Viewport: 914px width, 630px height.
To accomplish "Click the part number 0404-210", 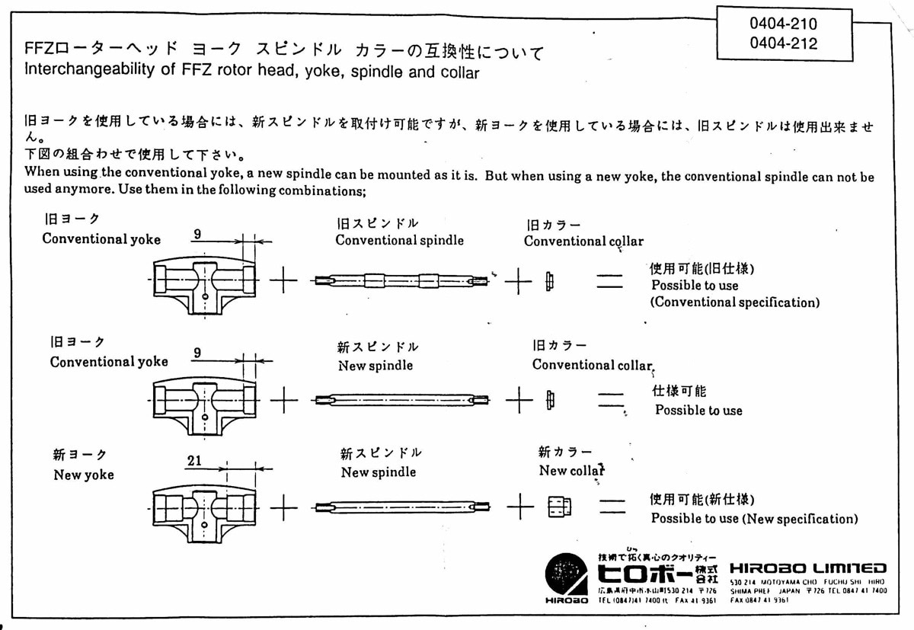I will (783, 24).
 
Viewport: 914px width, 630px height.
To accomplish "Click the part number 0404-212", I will (783, 43).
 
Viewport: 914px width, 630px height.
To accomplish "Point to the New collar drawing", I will (559, 507).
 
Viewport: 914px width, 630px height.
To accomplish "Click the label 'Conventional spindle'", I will (399, 241).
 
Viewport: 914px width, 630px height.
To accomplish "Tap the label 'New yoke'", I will (83, 475).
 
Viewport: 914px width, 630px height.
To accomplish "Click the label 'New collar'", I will (571, 471).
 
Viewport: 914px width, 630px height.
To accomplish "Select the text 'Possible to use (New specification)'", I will (754, 519).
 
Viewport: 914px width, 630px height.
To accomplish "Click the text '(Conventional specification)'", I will (735, 302).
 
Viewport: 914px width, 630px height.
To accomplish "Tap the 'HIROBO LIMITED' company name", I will (808, 568).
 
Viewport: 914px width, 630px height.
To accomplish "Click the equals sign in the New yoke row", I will (611, 507).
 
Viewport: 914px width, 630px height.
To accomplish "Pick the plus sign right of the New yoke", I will (283, 507).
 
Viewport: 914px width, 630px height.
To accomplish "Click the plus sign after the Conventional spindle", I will (518, 281).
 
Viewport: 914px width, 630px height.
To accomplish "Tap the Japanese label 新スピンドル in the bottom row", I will (381, 454).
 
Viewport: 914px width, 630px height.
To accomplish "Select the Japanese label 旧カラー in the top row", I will (554, 225).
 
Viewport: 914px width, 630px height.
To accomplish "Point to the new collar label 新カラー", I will (564, 453).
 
